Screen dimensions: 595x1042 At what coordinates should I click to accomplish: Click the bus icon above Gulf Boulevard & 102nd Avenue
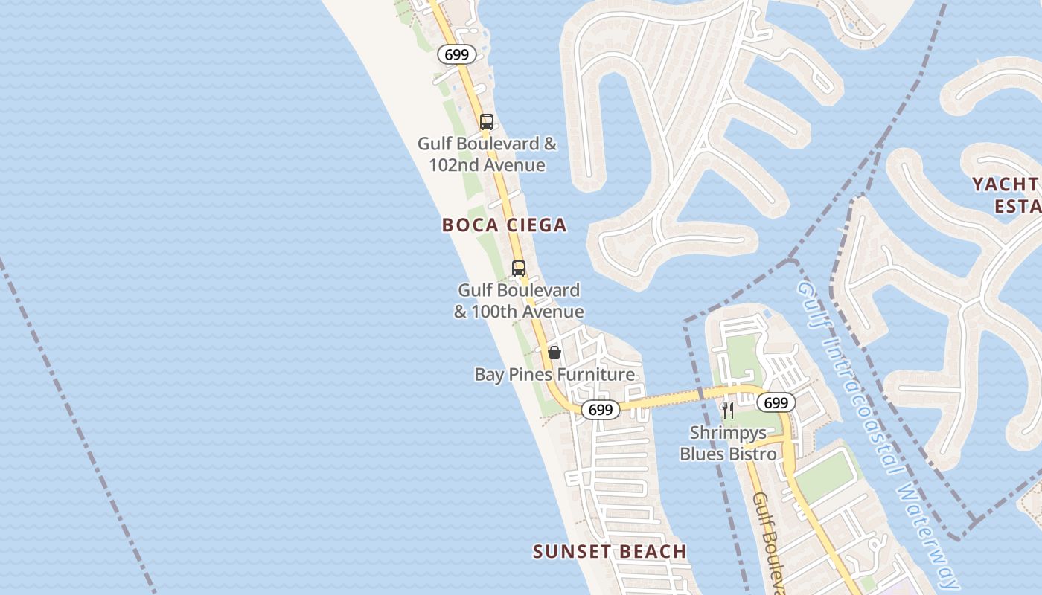coord(486,122)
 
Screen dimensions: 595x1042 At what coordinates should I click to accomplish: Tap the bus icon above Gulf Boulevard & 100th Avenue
coord(519,268)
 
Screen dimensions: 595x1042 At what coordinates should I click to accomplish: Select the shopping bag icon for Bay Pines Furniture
coord(554,353)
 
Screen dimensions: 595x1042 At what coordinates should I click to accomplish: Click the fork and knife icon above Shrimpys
coord(728,410)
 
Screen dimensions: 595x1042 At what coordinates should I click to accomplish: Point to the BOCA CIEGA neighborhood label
coord(504,225)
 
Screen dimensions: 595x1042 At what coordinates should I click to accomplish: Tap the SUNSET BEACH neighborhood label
coord(610,551)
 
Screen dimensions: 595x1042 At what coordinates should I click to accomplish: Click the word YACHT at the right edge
coord(1005,184)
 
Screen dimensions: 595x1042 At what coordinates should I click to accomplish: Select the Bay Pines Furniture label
coord(554,374)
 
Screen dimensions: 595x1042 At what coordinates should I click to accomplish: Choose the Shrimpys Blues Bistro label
coord(728,443)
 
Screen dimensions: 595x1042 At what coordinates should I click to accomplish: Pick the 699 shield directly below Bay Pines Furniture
coord(600,410)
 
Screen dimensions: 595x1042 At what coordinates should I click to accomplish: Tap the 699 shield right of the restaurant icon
coord(776,403)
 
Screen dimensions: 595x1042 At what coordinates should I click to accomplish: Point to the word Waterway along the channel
coord(927,535)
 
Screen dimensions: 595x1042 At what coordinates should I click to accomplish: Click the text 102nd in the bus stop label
coord(456,164)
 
